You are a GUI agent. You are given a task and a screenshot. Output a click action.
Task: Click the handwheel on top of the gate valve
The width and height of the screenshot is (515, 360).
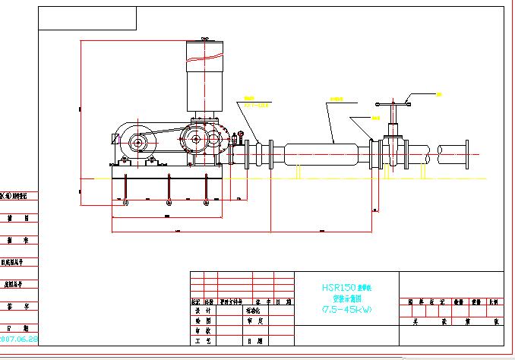(393, 103)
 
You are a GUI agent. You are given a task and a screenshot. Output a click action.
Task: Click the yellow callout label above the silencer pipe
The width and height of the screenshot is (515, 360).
(335, 100)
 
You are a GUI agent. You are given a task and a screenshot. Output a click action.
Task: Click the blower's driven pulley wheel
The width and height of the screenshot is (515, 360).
(193, 139)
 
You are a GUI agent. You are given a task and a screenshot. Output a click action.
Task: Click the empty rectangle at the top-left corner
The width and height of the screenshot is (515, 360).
(87, 17)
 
